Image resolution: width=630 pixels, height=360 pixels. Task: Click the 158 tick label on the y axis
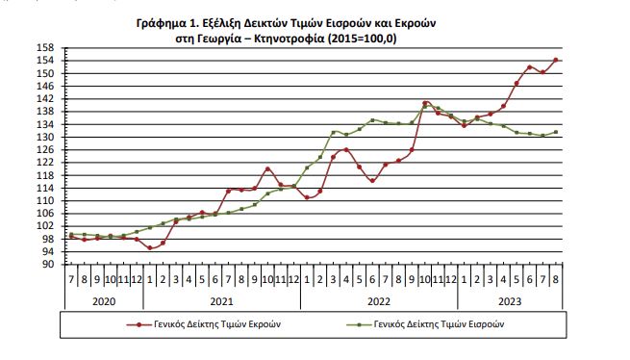click(45, 48)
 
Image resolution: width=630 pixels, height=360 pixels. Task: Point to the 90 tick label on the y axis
click(48, 265)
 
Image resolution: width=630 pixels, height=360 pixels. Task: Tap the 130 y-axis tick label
click(45, 137)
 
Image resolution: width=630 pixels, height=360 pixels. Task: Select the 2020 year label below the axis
click(104, 301)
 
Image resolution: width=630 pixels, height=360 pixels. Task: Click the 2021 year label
click(221, 301)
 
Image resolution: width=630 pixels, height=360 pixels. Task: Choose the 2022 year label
click(379, 301)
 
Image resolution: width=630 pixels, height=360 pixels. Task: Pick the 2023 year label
click(510, 301)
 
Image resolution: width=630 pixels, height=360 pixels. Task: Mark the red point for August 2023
click(556, 60)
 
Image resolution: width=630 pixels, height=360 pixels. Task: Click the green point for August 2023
click(556, 132)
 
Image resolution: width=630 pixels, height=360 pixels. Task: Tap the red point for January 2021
click(150, 247)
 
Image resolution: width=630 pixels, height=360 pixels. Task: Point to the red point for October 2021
click(267, 169)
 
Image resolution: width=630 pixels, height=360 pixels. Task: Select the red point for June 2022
click(372, 181)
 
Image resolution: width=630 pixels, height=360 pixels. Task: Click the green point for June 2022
click(372, 120)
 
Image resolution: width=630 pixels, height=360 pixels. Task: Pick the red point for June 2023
click(530, 67)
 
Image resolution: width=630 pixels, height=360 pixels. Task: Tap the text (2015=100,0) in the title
click(362, 39)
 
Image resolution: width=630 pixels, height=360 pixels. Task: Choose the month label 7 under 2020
click(71, 279)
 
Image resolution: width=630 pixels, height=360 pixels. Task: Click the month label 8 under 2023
click(556, 279)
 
